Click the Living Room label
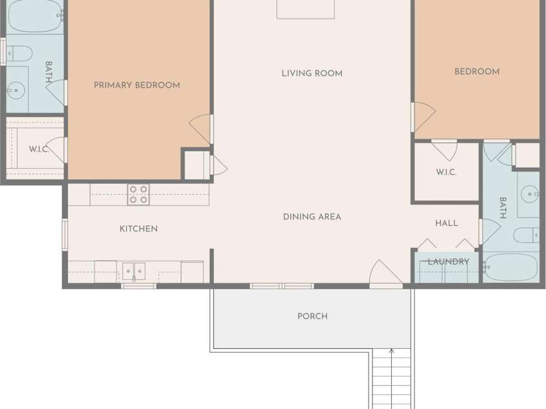click(x=312, y=73)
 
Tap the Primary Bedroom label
click(x=137, y=85)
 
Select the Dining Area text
click(x=312, y=217)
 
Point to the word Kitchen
click(x=139, y=228)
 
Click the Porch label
click(x=312, y=316)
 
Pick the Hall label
click(x=446, y=223)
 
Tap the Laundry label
click(x=448, y=261)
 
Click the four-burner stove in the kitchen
click(x=138, y=194)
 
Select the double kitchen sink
click(x=133, y=272)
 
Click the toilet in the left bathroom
click(x=20, y=54)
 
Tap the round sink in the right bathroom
click(x=530, y=194)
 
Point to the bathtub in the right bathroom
click(x=511, y=267)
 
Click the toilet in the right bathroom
click(x=527, y=235)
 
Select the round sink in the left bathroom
click(x=16, y=91)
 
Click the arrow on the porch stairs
click(x=392, y=379)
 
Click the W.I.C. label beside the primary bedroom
click(x=39, y=149)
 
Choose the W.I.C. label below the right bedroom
click(x=446, y=172)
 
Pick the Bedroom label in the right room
click(x=477, y=72)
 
